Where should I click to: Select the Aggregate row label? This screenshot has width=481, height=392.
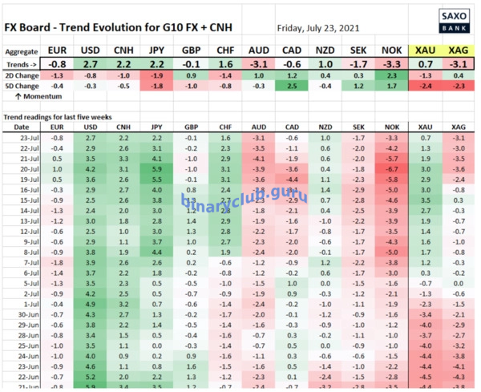click(22, 50)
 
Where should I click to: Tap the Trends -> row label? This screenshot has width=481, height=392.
click(22, 63)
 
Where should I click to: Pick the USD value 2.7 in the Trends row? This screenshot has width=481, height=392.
click(90, 63)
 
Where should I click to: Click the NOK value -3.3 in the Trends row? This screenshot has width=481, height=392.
click(391, 63)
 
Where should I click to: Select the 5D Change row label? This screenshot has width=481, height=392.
click(22, 85)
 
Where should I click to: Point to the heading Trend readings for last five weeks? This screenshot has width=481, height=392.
click(59, 116)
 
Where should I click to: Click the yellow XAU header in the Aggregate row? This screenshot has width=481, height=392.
click(425, 50)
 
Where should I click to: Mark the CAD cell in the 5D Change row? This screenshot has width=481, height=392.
click(292, 85)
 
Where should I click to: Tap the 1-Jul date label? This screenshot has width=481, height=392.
click(26, 304)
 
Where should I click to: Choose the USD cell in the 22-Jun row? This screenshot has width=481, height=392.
click(90, 376)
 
